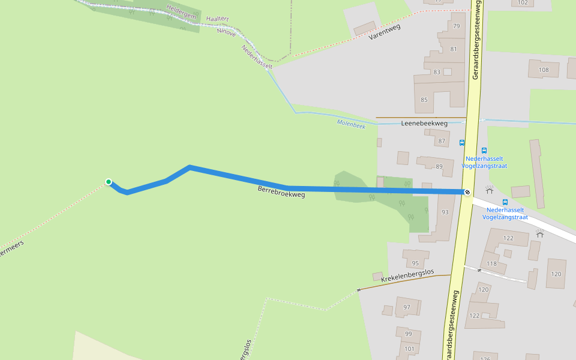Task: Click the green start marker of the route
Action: pos(109,182)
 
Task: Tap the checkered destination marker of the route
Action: pos(467,192)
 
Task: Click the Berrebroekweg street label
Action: pos(281,192)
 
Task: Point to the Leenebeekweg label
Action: pos(424,124)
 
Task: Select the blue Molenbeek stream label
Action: pos(351,124)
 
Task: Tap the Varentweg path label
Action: pos(385,32)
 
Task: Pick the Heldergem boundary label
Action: pos(182,13)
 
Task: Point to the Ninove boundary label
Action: pos(226,33)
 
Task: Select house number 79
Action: pos(456,26)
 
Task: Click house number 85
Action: pos(424,100)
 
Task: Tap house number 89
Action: pos(439,166)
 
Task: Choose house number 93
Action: pos(445,212)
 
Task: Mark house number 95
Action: pos(415,263)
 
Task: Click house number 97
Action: pos(407,308)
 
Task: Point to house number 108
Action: pos(544,70)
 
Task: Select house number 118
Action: pos(491,263)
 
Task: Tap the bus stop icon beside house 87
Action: pos(461,142)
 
